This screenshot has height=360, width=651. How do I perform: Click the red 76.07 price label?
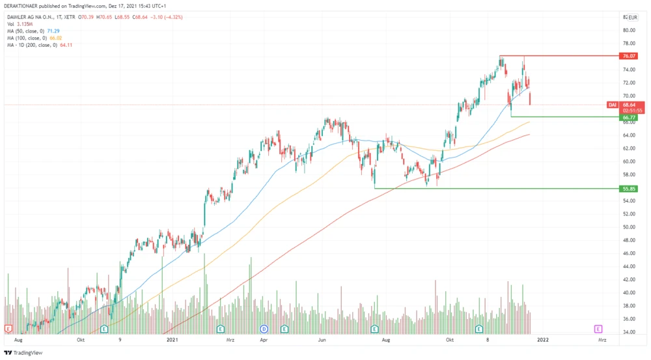click(629, 56)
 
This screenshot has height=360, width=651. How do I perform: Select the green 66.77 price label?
click(629, 117)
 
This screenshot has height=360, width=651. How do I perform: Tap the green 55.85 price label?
click(629, 189)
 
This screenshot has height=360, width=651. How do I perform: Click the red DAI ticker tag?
click(612, 105)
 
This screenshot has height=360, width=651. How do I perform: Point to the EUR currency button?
click(632, 18)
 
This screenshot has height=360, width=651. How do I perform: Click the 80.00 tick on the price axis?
click(628, 30)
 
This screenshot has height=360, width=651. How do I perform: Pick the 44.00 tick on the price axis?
click(628, 267)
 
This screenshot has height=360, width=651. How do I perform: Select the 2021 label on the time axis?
click(172, 339)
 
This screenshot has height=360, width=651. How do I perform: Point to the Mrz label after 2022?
click(602, 339)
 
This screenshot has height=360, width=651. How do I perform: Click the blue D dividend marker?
click(264, 329)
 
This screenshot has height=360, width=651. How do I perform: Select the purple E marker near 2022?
click(598, 329)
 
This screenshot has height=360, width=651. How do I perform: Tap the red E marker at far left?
click(8, 329)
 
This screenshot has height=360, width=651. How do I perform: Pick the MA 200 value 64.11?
click(66, 45)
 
